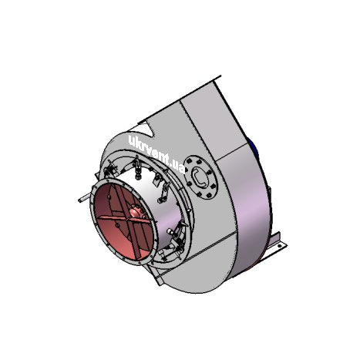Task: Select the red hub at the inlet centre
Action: [x=136, y=212]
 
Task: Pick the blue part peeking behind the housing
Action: [x=252, y=144]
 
